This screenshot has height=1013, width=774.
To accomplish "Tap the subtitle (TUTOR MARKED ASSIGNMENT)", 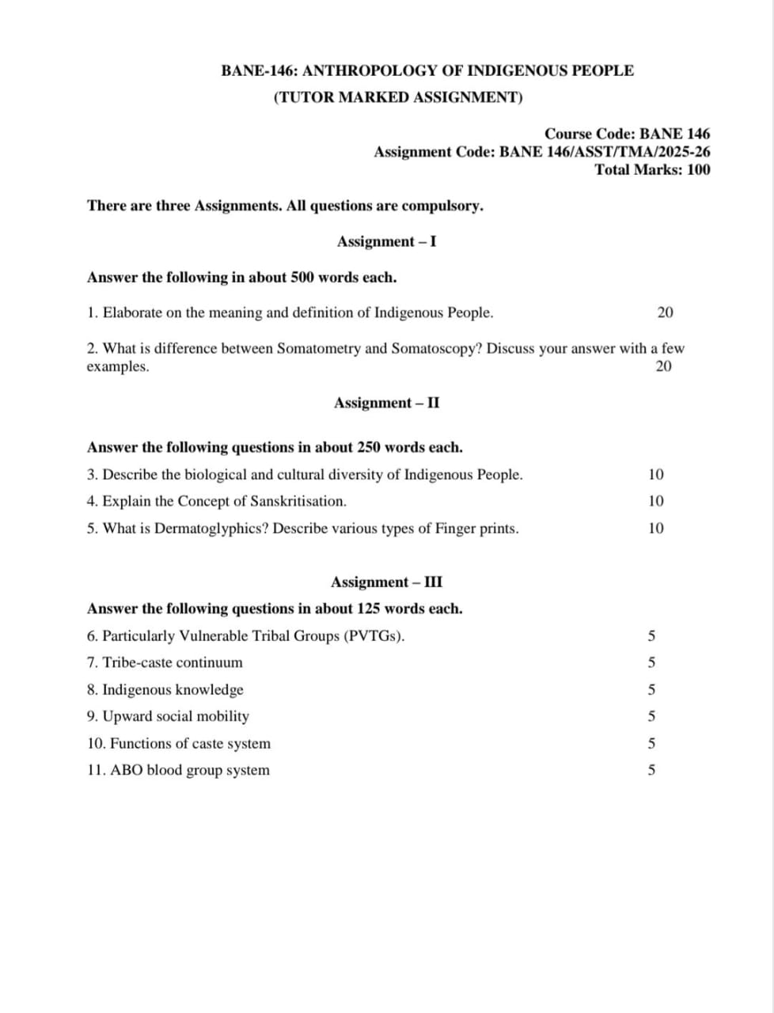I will coord(398,97).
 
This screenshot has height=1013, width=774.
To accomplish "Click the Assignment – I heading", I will coord(386,241).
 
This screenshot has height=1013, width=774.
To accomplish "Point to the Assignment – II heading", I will coord(386,403).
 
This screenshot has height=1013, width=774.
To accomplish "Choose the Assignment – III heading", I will coord(386,582).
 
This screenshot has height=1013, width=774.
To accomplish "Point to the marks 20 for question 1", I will coord(665,313).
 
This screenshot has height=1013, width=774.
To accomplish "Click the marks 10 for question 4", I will coord(656,501).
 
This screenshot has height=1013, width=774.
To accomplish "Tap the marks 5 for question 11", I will coord(651,770).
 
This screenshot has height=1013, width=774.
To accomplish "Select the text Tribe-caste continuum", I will coord(173,662).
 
